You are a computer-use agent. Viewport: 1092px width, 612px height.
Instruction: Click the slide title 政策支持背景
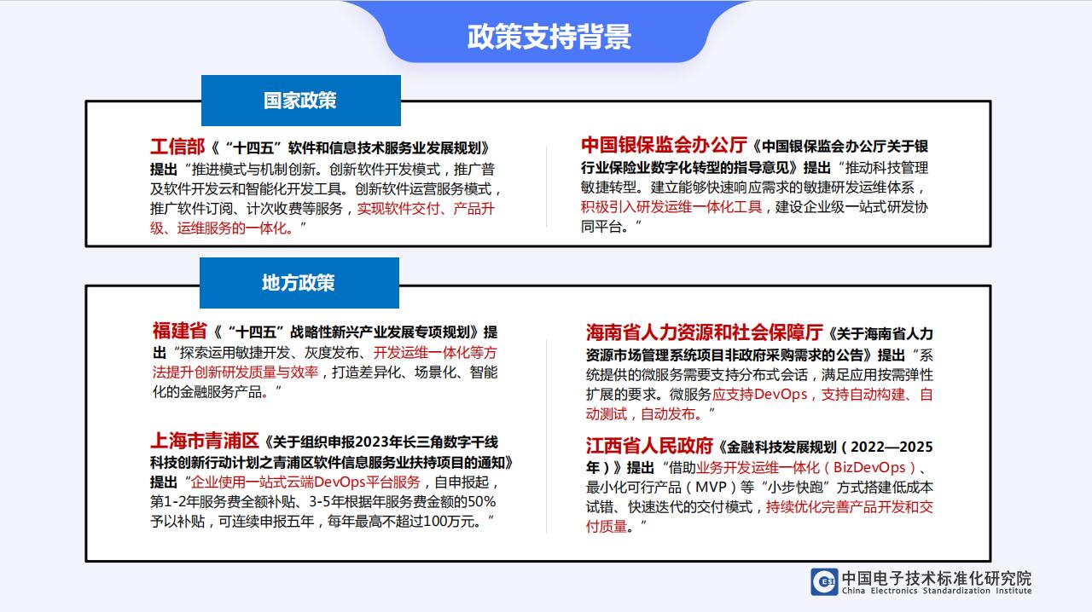pyautogui.click(x=549, y=37)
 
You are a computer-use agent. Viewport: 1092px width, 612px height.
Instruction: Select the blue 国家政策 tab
pyautogui.click(x=301, y=101)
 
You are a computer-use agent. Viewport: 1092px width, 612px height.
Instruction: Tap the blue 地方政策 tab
pyautogui.click(x=299, y=283)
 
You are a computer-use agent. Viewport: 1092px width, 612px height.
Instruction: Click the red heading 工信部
pyautogui.click(x=177, y=147)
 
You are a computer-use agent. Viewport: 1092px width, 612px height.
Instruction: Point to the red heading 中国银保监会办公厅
pyautogui.click(x=664, y=145)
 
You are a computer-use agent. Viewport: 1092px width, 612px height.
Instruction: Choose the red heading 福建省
pyautogui.click(x=180, y=331)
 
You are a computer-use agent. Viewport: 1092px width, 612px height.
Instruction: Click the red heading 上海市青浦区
pyautogui.click(x=205, y=441)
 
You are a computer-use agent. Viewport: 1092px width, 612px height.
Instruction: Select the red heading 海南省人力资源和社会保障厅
pyautogui.click(x=705, y=332)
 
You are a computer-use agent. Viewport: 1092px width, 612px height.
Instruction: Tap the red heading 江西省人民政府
pyautogui.click(x=649, y=445)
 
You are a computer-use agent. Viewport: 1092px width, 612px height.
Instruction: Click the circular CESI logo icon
pyautogui.click(x=824, y=582)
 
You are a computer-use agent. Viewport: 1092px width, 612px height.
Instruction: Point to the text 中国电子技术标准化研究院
pyautogui.click(x=937, y=578)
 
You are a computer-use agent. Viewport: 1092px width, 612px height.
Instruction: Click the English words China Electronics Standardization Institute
pyautogui.click(x=937, y=591)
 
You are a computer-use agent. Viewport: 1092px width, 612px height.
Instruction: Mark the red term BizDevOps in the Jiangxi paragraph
pyautogui.click(x=869, y=467)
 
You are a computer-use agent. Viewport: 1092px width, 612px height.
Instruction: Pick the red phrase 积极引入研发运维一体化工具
pyautogui.click(x=671, y=206)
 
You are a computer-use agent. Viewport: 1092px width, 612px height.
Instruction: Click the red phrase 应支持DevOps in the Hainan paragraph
pyautogui.click(x=760, y=394)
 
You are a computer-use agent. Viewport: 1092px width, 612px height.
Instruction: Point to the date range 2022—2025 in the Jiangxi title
pyautogui.click(x=892, y=447)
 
